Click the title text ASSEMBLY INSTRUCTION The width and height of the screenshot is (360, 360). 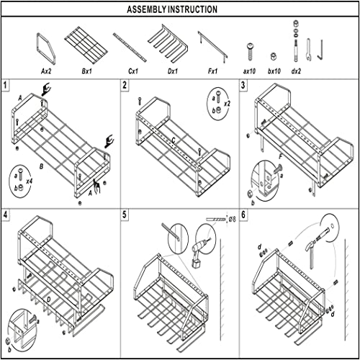click(172, 9)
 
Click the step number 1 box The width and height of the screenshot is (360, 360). click(5, 86)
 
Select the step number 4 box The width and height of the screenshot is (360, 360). click(5, 215)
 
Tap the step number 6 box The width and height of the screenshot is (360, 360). click(243, 215)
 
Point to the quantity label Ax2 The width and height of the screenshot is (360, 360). click(46, 71)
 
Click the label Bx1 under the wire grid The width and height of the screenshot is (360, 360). click(86, 71)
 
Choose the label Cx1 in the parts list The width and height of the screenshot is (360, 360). click(133, 71)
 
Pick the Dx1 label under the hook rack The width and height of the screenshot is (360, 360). click(173, 71)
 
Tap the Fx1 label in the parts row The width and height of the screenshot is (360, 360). click(212, 71)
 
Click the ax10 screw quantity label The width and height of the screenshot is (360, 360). click(249, 71)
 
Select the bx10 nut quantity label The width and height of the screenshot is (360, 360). click(274, 71)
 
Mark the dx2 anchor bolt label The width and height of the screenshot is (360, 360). click(296, 71)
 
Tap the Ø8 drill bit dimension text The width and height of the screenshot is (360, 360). click(232, 219)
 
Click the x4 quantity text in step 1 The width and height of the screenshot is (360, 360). click(30, 181)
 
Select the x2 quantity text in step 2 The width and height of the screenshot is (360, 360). click(227, 104)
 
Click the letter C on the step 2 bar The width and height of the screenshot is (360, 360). click(174, 140)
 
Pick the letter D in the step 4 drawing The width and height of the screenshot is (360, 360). click(48, 300)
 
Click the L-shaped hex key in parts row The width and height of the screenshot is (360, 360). click(320, 51)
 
